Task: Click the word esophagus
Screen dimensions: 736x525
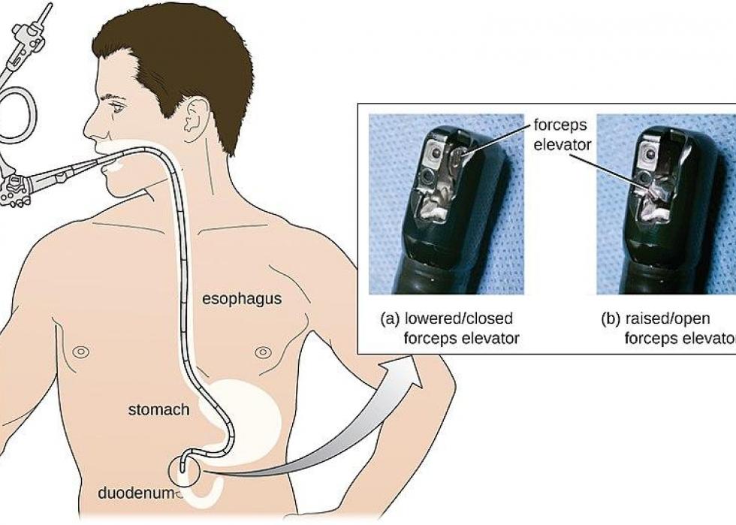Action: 242,300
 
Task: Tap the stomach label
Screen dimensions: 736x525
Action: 158,410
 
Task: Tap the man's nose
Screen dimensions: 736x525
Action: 89,127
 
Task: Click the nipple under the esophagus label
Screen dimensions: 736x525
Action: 263,352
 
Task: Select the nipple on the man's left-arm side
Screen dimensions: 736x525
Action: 81,351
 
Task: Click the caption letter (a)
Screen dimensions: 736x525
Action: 390,319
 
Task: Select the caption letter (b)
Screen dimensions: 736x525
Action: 611,319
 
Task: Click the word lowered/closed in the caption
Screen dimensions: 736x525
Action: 459,319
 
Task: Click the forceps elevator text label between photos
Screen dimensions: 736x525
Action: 562,134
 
